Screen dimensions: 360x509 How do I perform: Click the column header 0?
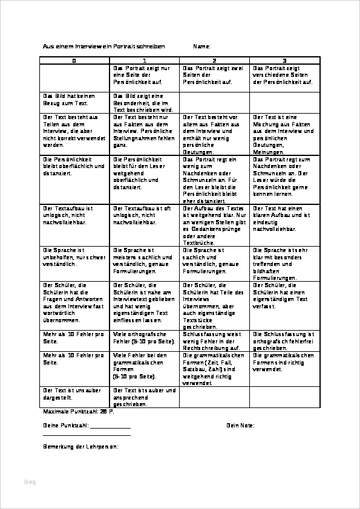click(74, 61)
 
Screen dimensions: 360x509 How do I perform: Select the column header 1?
click(145, 61)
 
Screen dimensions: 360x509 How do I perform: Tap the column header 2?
click(214, 61)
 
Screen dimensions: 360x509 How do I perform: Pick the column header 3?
click(284, 61)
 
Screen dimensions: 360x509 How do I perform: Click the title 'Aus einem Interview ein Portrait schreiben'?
click(103, 47)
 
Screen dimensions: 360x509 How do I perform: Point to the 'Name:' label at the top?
click(201, 47)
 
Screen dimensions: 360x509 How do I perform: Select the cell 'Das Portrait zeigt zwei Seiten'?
click(212, 75)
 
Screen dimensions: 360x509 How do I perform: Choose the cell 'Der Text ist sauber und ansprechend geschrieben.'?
click(144, 397)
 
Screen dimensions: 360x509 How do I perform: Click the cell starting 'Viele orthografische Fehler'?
click(144, 338)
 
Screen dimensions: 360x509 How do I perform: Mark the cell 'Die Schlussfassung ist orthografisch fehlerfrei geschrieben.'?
click(283, 341)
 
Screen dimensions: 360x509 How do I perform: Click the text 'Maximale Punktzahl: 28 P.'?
click(78, 411)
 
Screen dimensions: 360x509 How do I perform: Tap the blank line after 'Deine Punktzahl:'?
click(110, 426)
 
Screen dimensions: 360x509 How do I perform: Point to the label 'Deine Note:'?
click(240, 425)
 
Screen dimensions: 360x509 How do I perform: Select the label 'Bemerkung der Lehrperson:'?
click(80, 447)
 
